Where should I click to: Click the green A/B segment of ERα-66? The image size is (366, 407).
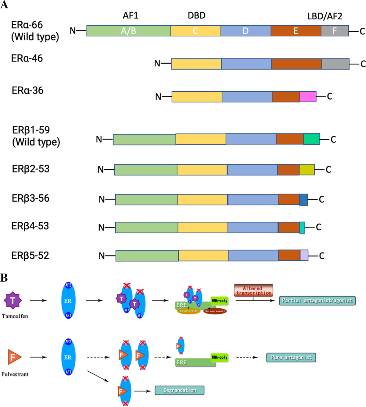pos(128,31)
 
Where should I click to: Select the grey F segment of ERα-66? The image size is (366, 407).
pos(335,31)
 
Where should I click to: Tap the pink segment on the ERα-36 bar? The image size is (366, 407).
pos(308,97)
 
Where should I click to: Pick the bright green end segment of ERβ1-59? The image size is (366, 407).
pos(311,139)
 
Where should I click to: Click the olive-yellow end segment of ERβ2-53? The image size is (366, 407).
pos(307,170)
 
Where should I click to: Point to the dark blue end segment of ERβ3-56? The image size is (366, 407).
pos(303,200)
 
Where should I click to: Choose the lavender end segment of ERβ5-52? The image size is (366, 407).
pos(304,255)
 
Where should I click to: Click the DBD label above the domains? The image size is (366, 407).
pos(196,15)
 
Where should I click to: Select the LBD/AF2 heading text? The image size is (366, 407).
pos(325,16)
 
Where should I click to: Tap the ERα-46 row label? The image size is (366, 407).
pos(27,58)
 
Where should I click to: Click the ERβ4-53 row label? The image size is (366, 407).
pos(30,226)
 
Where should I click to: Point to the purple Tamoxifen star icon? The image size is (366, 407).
pos(13,300)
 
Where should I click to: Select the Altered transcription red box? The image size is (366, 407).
pos(253,290)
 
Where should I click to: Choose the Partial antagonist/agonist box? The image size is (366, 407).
pos(317,300)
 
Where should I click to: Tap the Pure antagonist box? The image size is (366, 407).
pos(291,357)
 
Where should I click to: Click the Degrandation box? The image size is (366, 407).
pos(179,390)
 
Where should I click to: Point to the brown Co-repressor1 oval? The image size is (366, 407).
pos(215,311)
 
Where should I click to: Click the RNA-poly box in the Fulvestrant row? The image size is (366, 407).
pos(219,357)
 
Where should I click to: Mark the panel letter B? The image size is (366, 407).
pos(4,278)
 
